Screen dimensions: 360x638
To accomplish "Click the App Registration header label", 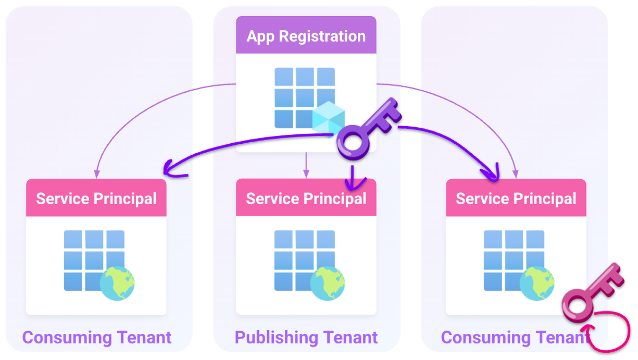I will [x=306, y=36].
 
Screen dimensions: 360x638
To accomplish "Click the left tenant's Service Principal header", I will [x=96, y=198].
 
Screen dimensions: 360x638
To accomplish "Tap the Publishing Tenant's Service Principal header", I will [x=306, y=198].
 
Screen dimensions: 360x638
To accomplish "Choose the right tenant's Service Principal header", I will [x=516, y=198].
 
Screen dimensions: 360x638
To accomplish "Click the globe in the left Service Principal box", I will [x=117, y=283].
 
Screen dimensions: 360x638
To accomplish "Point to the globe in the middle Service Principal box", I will [x=328, y=283].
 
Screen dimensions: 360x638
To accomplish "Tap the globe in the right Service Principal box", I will [x=537, y=283].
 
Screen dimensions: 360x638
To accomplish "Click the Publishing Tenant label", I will [x=306, y=337].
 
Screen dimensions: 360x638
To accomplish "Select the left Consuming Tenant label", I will [x=97, y=337].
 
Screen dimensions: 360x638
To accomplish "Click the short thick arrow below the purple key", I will [x=353, y=177].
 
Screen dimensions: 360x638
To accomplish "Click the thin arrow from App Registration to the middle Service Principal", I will [x=306, y=165].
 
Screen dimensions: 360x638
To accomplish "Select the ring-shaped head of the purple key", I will [x=355, y=143].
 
